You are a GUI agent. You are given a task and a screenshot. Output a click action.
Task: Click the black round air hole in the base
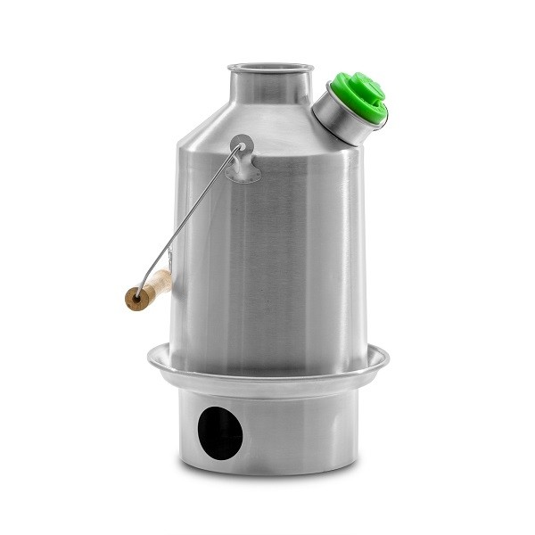click(x=219, y=433)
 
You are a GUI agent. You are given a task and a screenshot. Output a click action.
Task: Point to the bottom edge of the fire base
click(x=267, y=470)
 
